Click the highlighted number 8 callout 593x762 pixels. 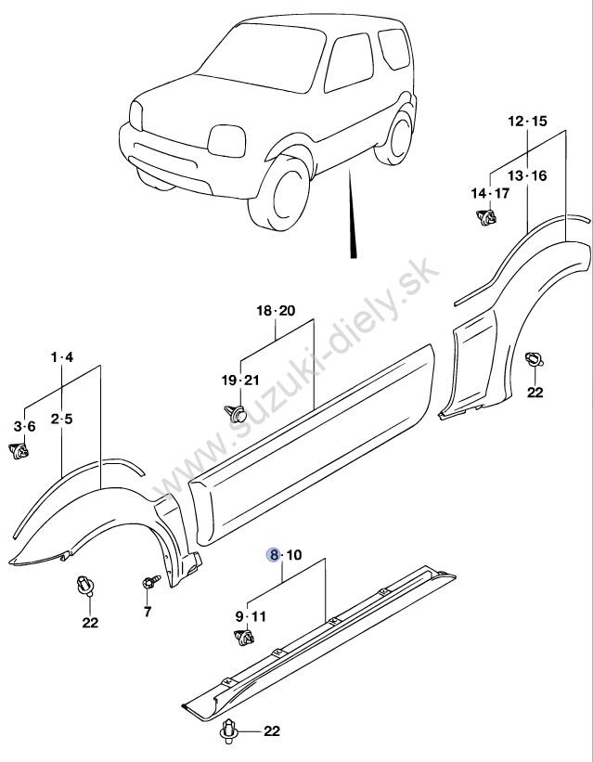pos(274,554)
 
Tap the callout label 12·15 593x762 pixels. pos(527,121)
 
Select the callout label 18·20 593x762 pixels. pos(276,311)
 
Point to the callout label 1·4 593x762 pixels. pos(62,357)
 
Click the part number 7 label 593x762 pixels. pos(148,612)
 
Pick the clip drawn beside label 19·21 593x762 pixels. pos(236,414)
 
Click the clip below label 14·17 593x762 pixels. pos(486,217)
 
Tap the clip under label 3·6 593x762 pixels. pos(19,451)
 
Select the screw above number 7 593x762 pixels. pos(151,582)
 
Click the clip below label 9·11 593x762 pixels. pos(244,637)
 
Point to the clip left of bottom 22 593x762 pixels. pos(229,730)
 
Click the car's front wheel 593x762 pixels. pos(279,193)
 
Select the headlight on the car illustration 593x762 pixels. pos(226,141)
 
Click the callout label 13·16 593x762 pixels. pos(527,176)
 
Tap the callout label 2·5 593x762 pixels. pos(62,419)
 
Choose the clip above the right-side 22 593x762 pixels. pos(534,359)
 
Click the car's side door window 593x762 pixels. pos(349,62)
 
